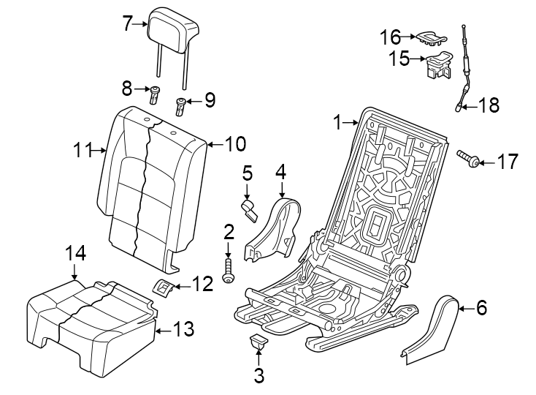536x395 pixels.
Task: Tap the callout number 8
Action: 127,89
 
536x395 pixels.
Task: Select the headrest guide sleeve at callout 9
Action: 180,107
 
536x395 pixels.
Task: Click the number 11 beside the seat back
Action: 84,151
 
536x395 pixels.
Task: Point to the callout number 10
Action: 235,144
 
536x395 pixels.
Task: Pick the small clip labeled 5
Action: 250,211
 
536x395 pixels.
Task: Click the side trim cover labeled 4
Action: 273,228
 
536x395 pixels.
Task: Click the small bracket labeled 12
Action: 164,286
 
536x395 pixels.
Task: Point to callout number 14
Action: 76,253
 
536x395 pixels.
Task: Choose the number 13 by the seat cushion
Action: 184,330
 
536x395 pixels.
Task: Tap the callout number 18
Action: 489,105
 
